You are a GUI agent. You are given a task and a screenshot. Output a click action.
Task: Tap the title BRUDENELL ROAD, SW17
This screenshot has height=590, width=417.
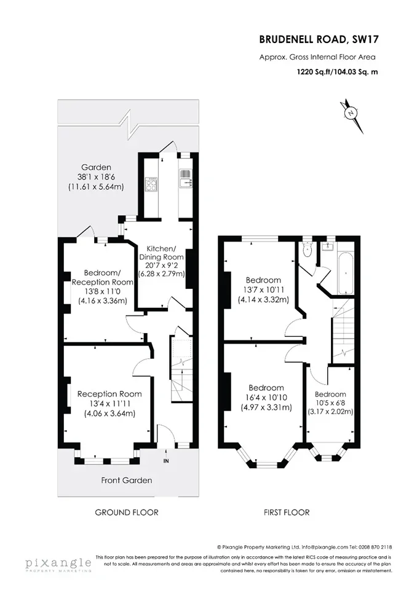(x=319, y=39)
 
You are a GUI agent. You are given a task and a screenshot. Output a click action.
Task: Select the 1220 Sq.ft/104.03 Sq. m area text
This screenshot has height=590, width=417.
(x=337, y=72)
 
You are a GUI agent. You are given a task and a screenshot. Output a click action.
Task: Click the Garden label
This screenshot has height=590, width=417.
(x=97, y=167)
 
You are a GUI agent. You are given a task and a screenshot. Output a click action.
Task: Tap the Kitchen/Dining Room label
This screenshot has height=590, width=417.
(x=161, y=253)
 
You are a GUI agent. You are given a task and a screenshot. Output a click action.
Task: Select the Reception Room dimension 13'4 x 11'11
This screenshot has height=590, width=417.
(x=109, y=404)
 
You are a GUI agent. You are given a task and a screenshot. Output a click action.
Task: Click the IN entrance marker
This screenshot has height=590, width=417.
(x=166, y=461)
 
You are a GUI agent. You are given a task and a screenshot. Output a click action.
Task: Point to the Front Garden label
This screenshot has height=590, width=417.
(x=127, y=480)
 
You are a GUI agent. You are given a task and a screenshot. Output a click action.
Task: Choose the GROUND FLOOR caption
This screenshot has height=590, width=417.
(x=127, y=512)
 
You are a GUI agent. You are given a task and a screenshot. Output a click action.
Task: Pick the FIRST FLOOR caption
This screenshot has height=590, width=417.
(x=287, y=512)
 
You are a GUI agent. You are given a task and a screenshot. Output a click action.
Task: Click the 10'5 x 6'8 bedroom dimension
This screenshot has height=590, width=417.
(x=330, y=403)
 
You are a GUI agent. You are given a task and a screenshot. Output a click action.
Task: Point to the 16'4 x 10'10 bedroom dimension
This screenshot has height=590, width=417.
(x=266, y=398)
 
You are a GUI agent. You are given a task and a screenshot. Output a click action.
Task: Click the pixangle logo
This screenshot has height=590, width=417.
(x=58, y=564)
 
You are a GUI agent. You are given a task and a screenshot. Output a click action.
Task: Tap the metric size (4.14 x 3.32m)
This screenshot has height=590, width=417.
(x=263, y=300)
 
